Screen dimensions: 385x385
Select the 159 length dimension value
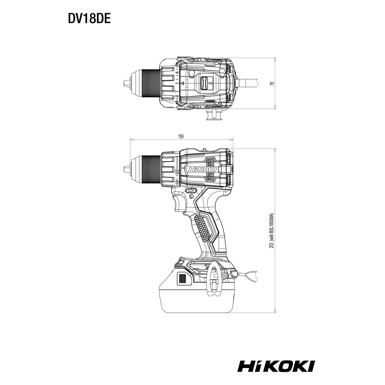181,137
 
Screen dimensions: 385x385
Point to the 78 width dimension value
272,84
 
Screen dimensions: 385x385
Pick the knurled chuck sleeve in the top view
151,83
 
